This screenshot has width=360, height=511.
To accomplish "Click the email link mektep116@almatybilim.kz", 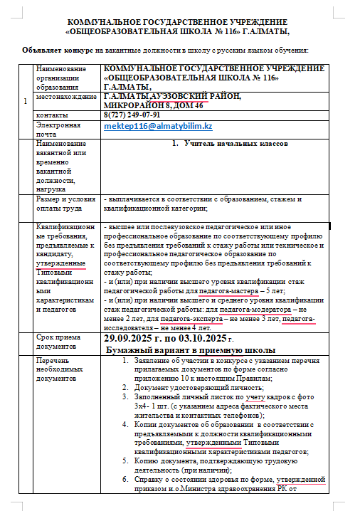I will (x=158, y=126).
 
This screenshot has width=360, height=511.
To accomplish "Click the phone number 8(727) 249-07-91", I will (x=132, y=115).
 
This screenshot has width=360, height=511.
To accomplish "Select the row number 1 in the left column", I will (x=25, y=100).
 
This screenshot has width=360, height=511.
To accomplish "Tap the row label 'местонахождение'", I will (x=65, y=96).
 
